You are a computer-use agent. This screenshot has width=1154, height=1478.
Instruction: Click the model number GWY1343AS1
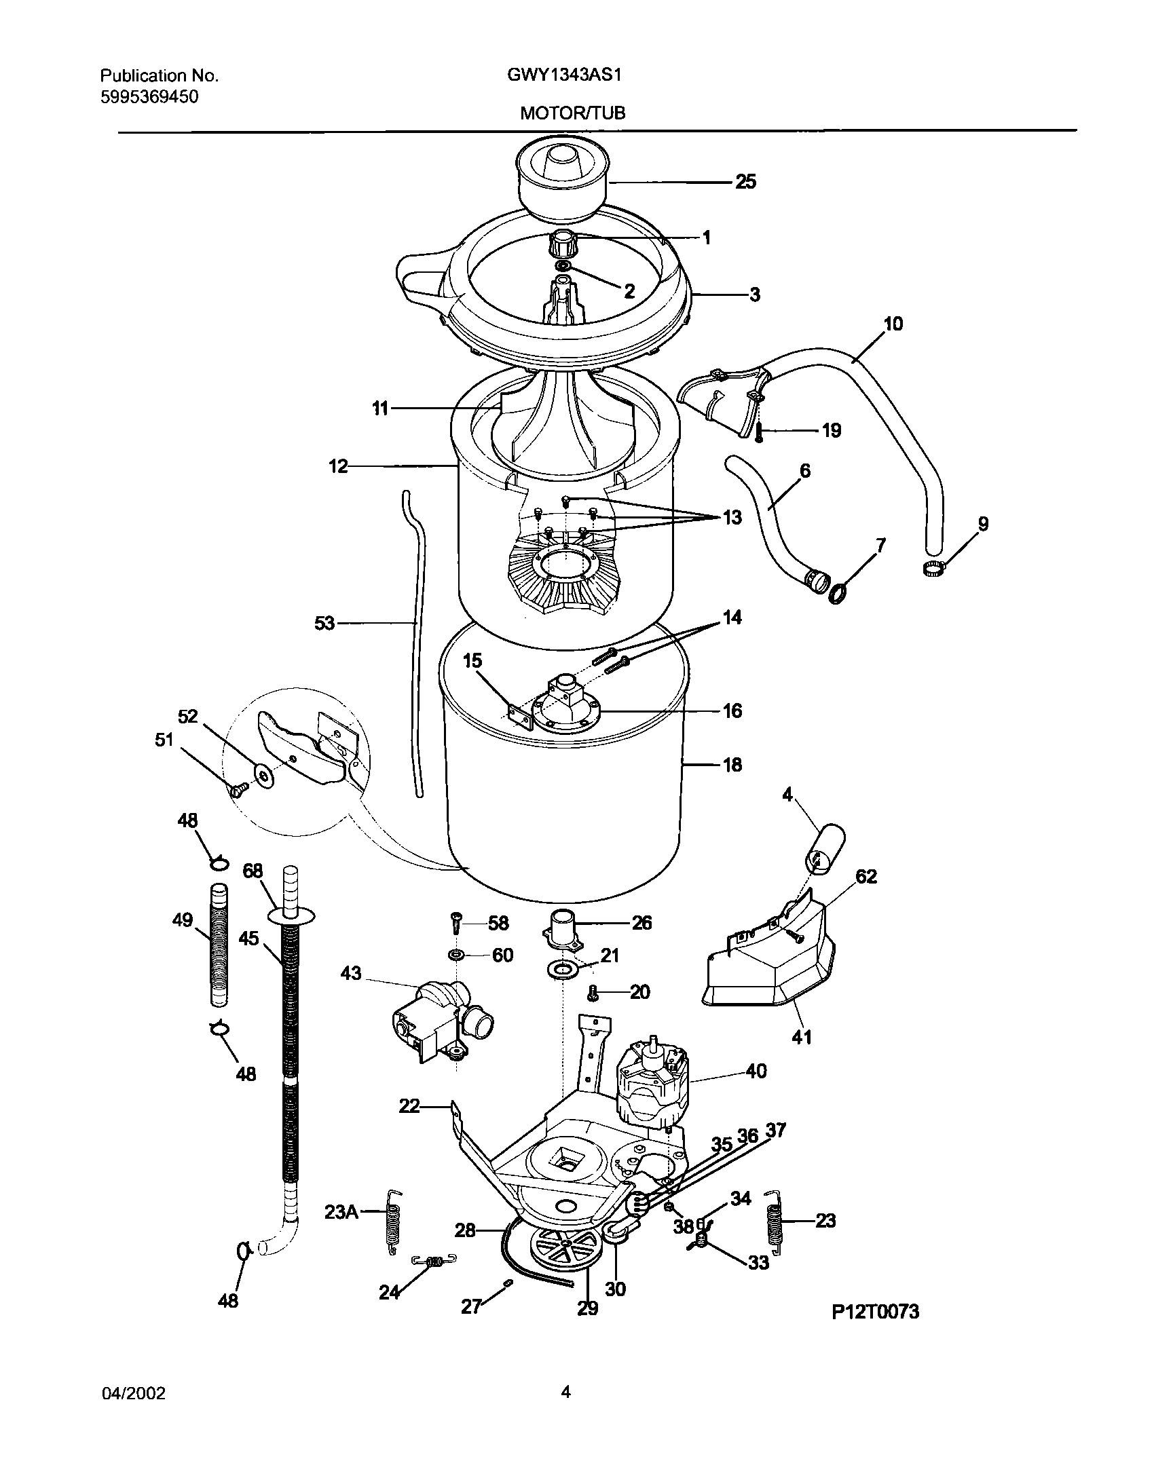(x=564, y=75)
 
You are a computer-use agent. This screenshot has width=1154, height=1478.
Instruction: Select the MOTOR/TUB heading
(x=572, y=114)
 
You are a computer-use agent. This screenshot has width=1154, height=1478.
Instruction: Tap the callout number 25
(x=745, y=182)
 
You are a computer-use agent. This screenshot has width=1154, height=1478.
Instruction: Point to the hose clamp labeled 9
(x=934, y=569)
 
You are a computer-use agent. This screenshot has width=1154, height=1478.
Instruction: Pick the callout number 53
(x=324, y=622)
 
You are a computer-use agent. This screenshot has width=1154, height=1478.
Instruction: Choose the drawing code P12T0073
(x=875, y=1312)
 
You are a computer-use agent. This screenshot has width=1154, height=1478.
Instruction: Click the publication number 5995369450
(x=149, y=97)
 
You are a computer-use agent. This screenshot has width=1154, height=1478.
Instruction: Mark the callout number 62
(x=865, y=876)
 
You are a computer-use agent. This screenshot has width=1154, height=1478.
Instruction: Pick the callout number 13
(x=732, y=518)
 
